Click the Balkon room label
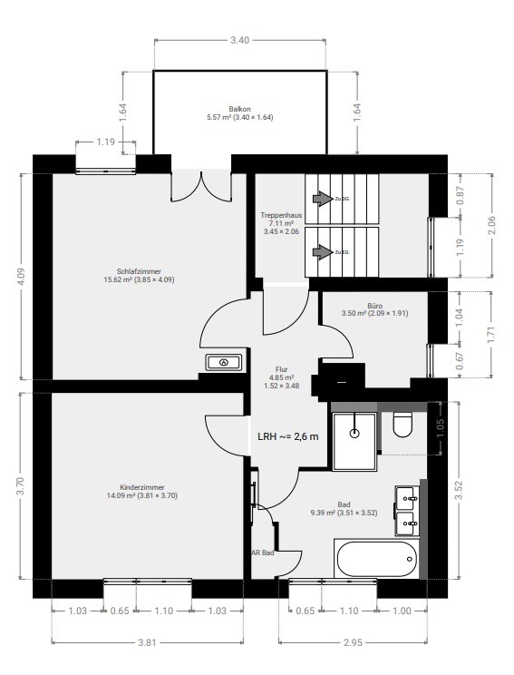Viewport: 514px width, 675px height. point(239,110)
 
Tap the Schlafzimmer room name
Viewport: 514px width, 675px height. point(139,271)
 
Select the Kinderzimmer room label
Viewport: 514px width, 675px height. point(142,488)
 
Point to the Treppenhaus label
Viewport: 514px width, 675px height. point(281,215)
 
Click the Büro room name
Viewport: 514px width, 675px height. point(375,306)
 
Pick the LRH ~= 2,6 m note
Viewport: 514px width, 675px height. point(288,436)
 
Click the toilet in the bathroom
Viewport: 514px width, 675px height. point(403,424)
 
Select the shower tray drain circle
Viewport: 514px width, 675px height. point(354,433)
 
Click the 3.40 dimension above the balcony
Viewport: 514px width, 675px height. point(239,41)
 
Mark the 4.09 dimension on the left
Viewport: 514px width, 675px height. point(22,277)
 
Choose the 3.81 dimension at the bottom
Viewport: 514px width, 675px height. point(147,642)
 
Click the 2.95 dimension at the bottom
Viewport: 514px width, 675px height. point(353,642)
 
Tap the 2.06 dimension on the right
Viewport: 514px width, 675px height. point(492,225)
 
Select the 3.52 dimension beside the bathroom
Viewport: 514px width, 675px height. point(460,490)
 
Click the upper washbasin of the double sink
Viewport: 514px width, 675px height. point(407,498)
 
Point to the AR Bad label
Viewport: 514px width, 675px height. point(263,553)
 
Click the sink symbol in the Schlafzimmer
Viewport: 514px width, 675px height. point(224,362)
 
